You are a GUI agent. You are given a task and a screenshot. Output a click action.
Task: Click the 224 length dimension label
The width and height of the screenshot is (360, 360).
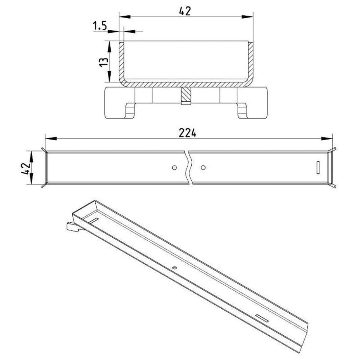click(x=187, y=133)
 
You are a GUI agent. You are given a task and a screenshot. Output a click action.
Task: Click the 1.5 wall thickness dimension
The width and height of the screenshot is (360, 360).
click(x=100, y=26)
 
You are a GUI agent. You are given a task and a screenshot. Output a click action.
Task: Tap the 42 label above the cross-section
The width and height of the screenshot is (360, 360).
click(x=185, y=11)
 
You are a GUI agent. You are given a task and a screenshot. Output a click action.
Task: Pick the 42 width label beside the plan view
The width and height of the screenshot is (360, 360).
click(x=25, y=169)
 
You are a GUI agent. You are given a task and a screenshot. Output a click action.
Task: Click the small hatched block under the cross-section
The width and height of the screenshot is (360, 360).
click(x=186, y=96)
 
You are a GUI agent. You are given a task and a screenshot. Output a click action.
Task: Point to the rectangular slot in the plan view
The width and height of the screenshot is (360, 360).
click(x=318, y=168)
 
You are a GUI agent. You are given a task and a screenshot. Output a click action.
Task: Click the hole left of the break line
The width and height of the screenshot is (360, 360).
click(x=174, y=168)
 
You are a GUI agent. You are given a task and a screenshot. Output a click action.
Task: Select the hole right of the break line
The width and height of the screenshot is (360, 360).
click(x=203, y=168)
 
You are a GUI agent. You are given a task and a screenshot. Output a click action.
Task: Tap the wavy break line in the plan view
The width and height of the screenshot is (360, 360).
click(x=189, y=168)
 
